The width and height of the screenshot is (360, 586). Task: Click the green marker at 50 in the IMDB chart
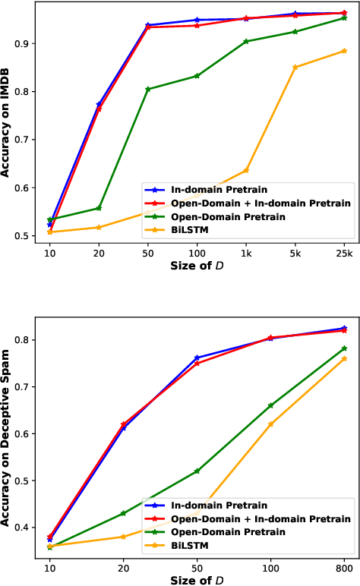(148, 89)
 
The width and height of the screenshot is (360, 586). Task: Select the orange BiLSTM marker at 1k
(246, 170)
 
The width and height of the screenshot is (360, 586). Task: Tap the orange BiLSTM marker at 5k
(295, 67)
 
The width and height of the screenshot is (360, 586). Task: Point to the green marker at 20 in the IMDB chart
(99, 208)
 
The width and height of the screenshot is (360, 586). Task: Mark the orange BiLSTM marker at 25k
(344, 51)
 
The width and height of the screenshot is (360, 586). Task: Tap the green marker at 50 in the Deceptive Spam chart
(197, 471)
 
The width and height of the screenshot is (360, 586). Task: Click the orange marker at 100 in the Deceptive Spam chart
(270, 424)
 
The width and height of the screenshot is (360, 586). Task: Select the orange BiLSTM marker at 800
(344, 358)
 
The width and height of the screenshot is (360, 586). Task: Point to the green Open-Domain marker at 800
(344, 348)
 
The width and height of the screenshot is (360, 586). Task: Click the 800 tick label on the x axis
(344, 568)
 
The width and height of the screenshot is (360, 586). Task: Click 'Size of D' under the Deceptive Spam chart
(197, 580)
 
